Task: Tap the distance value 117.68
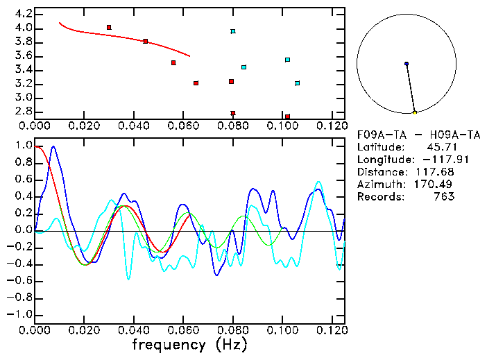(435, 171)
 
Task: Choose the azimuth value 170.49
(435, 184)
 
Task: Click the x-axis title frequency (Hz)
(189, 344)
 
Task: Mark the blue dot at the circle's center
(407, 64)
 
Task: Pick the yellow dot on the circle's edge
(415, 112)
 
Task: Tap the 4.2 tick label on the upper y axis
(24, 14)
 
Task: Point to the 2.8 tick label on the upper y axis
(24, 111)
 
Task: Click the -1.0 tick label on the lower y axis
(21, 314)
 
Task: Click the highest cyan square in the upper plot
(233, 31)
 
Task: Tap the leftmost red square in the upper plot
(109, 27)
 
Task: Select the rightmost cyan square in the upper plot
(297, 83)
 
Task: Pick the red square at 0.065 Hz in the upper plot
(196, 83)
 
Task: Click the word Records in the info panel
(378, 196)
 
